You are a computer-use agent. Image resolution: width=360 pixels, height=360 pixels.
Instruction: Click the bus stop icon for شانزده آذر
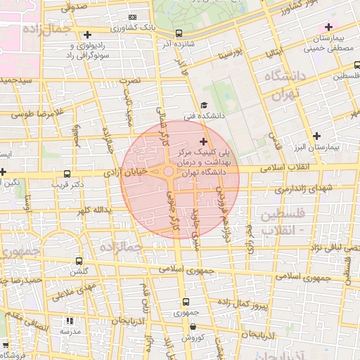point(179,33)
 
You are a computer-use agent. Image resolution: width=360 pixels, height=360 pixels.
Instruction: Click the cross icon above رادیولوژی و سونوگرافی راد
point(87,34)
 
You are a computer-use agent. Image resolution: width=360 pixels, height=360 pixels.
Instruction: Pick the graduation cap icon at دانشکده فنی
point(204,105)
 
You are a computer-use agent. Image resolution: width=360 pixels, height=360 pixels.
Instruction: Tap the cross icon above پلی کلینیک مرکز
point(204,142)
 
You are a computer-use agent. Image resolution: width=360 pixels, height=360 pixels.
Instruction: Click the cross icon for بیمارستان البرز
point(317,135)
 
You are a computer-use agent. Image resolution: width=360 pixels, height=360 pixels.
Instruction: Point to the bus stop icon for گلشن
point(78,260)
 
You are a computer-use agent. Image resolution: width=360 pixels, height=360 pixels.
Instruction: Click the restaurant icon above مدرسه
point(69,321)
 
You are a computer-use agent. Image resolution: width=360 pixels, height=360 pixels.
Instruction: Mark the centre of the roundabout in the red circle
point(169,172)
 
